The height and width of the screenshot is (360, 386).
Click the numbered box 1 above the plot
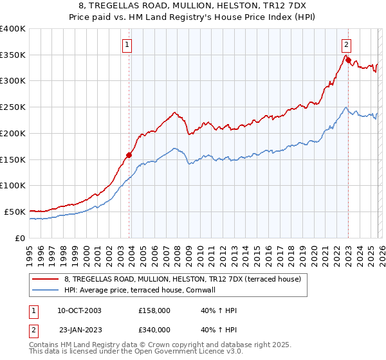point(127,45)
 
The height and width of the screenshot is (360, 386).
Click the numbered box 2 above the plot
point(346,45)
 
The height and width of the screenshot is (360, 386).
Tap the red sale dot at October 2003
point(129,154)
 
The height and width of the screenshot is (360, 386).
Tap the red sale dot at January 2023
point(347,60)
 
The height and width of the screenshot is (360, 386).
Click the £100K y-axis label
point(13,185)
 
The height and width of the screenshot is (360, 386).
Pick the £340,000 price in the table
point(154,329)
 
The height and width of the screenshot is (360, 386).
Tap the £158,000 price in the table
point(154,310)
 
